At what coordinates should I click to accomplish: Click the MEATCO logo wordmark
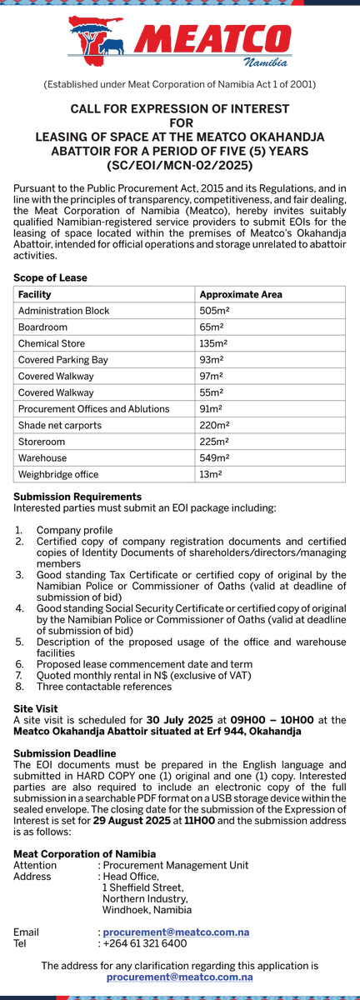coord(212,40)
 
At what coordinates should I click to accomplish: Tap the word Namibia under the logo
coord(266,62)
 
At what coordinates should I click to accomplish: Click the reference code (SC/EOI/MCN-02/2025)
coord(180,166)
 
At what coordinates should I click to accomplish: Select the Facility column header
coord(35,294)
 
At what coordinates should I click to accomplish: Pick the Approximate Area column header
coord(241,294)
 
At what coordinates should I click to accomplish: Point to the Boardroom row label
coord(42,327)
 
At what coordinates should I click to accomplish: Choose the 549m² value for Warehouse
coord(214,457)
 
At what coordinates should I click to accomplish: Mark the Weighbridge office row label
coord(58,474)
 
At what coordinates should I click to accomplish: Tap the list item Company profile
coord(74,530)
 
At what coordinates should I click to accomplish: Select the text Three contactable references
coord(104,687)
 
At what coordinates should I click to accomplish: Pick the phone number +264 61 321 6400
coord(145,943)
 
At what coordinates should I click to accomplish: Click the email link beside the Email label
coord(176,932)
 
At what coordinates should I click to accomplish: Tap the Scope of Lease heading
coord(50,277)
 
